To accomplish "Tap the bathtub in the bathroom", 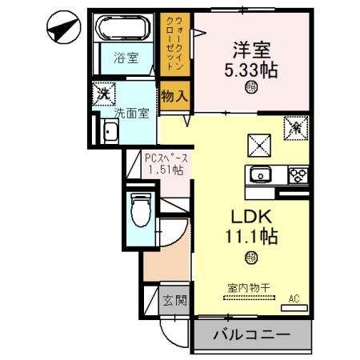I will click(x=123, y=30).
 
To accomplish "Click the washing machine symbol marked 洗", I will click(x=102, y=93).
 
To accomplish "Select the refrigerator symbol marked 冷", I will click(x=294, y=125).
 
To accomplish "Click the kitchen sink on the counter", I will click(x=261, y=175).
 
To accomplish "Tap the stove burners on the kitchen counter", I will click(x=295, y=175).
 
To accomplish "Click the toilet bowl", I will click(x=141, y=213).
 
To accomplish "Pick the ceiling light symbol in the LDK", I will click(x=251, y=257).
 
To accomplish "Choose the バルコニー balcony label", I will click(x=250, y=335).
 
